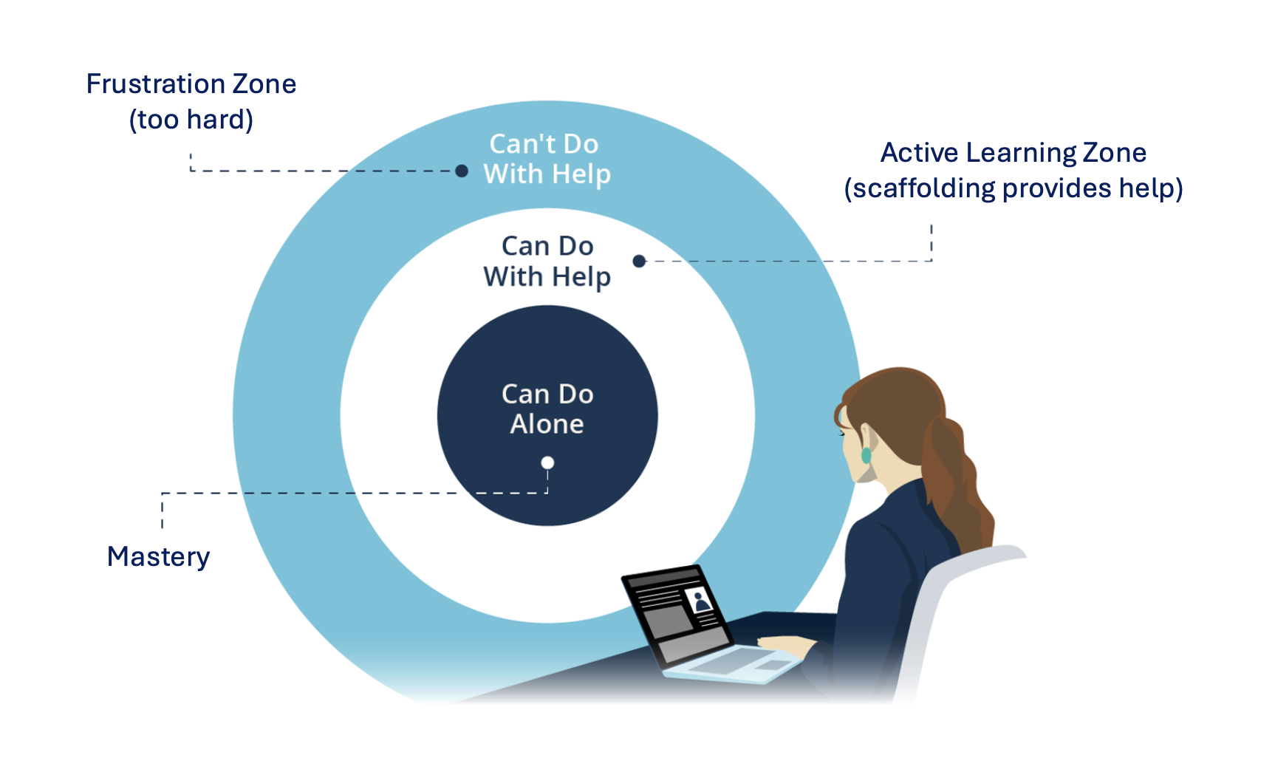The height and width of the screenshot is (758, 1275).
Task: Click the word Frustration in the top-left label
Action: click(x=155, y=84)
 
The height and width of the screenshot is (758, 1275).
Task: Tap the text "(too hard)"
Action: click(x=191, y=120)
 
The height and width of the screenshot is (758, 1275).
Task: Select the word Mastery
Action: click(x=158, y=556)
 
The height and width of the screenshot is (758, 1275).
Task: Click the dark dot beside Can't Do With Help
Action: click(x=462, y=171)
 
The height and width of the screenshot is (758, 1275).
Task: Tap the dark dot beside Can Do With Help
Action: click(x=640, y=261)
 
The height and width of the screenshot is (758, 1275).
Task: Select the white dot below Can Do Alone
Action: click(x=547, y=463)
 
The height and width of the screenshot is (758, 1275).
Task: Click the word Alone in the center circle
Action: click(x=547, y=424)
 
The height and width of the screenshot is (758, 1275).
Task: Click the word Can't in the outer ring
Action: click(x=516, y=144)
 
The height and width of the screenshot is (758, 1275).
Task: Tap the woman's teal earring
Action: click(x=866, y=455)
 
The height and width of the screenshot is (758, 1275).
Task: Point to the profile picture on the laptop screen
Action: click(x=698, y=601)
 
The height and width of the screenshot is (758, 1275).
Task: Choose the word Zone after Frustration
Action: click(x=264, y=84)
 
